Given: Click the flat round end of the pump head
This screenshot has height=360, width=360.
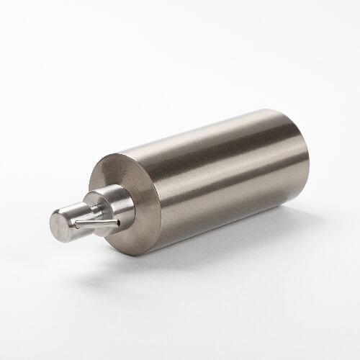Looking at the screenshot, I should pos(60,225).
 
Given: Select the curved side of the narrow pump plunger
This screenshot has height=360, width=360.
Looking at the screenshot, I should pos(78,210).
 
